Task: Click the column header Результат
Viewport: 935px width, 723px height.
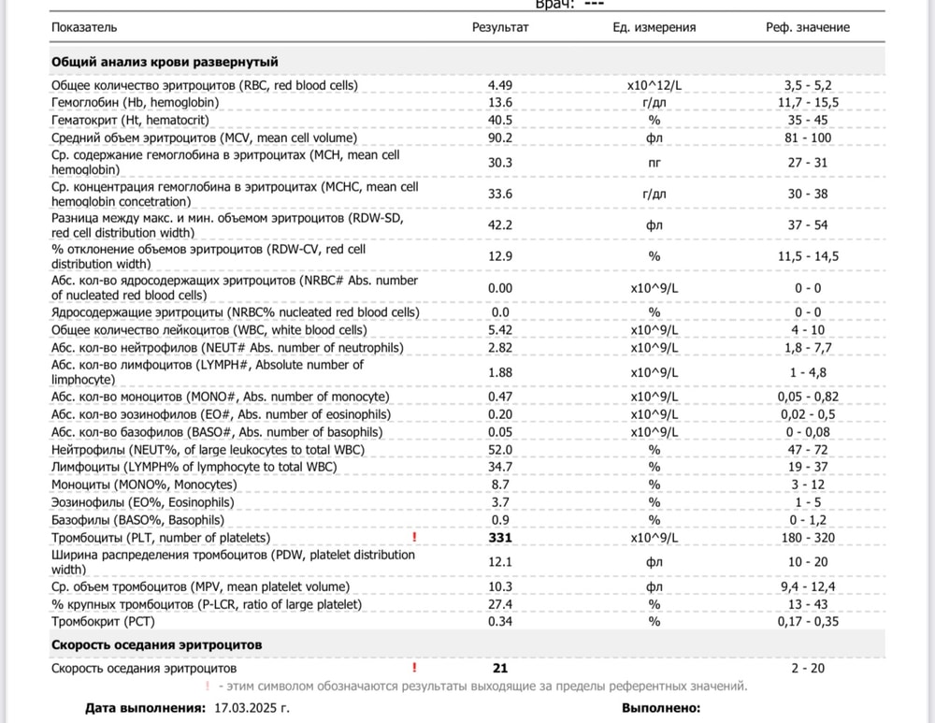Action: (500, 27)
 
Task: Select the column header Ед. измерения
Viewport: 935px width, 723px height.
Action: (654, 27)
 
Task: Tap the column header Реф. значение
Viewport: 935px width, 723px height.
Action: (808, 27)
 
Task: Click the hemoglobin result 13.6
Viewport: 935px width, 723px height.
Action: (500, 103)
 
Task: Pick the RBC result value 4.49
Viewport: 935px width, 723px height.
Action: (501, 85)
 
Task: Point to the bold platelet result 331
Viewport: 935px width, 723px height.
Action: (501, 538)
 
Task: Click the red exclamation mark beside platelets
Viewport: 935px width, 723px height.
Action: (414, 538)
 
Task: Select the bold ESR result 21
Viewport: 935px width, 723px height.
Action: (499, 668)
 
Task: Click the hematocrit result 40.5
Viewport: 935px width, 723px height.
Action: (500, 120)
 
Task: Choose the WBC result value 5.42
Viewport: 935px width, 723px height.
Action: (501, 330)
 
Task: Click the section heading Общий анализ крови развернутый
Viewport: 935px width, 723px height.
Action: (165, 62)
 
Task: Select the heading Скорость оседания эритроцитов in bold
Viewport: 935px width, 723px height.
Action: (156, 645)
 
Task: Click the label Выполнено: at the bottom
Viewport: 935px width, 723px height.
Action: (661, 708)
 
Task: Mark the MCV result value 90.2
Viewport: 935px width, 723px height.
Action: (500, 137)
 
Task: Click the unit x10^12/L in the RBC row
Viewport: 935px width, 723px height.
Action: (654, 85)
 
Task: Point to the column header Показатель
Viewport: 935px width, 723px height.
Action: (85, 27)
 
